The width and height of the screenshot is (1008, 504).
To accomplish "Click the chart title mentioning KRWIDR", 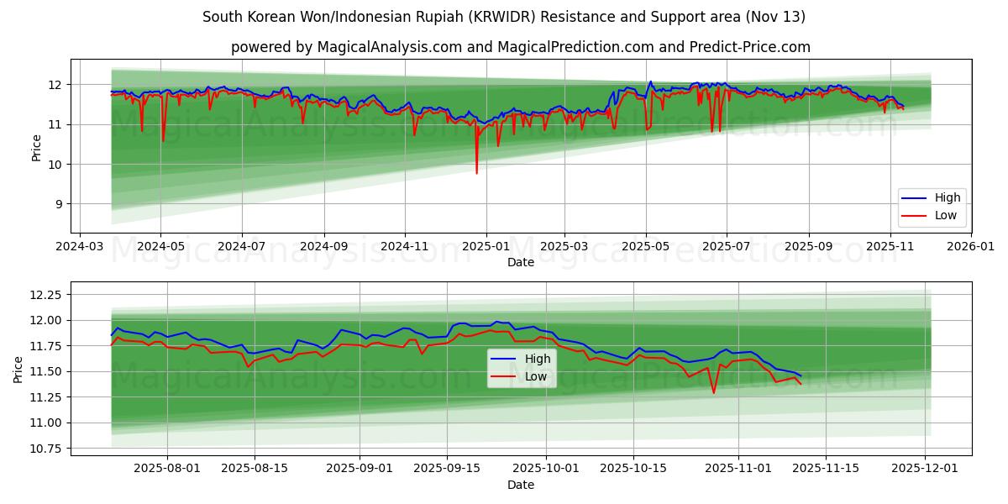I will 504,17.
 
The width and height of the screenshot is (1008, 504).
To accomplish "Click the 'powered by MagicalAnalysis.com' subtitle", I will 521,47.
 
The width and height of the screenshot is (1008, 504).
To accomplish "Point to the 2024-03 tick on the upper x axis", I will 79,247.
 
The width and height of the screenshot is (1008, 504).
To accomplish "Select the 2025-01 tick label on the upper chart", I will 486,247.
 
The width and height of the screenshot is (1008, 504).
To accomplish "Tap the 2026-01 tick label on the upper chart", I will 971,247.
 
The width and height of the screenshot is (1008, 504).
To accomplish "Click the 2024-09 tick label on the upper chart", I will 323,247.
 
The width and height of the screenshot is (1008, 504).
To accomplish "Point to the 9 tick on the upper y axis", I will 55,204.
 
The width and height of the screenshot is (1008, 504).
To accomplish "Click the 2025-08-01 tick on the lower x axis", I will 168,468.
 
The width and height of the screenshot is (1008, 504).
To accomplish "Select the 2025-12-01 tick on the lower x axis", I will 926,468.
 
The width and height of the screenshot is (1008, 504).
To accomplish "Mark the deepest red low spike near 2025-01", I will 476,172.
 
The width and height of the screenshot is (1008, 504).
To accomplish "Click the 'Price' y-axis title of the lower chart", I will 18,369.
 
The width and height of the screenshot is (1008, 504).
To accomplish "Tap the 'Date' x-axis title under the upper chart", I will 521,262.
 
